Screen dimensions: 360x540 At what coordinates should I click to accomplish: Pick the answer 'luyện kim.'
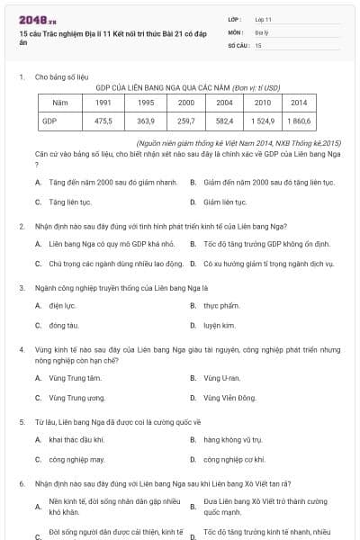[220, 325]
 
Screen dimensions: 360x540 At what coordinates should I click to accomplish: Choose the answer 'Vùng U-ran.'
[221, 378]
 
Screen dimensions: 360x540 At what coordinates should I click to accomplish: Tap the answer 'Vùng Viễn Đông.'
[229, 397]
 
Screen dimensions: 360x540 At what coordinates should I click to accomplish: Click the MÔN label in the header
[236, 31]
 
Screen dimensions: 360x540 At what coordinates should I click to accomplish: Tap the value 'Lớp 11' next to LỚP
[263, 19]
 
